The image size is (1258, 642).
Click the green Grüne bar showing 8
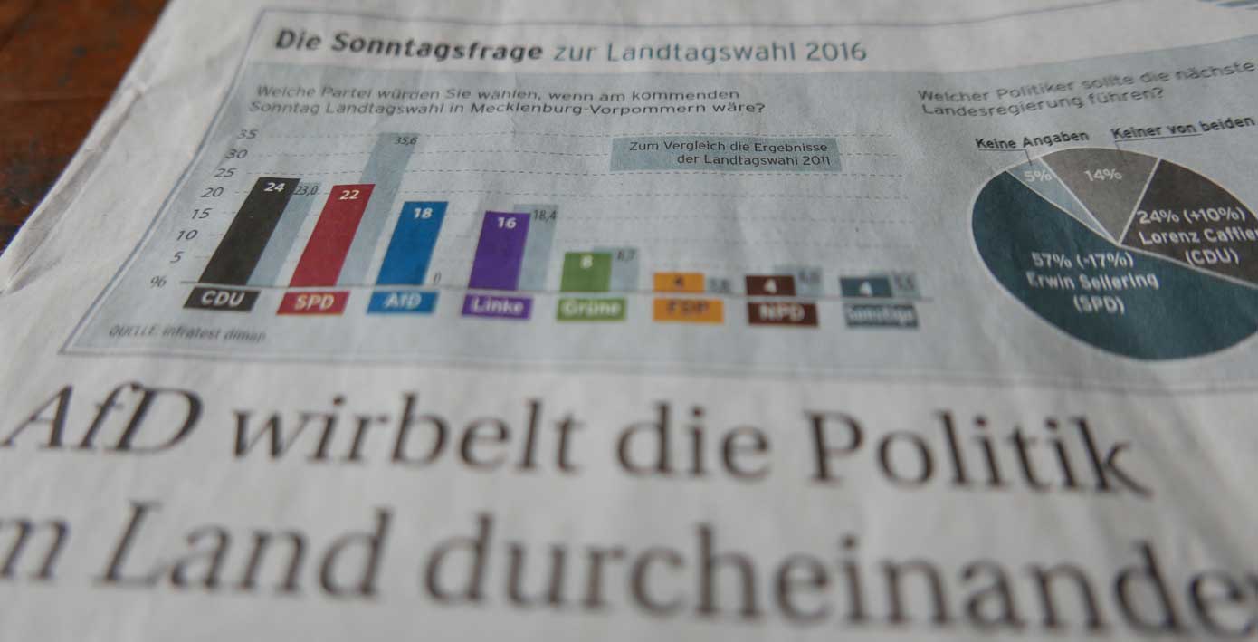tap(586, 272)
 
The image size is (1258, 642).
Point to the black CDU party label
tap(223, 298)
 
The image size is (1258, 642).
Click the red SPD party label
tap(313, 302)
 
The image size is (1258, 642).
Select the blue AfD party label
tap(402, 302)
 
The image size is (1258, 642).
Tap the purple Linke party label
tap(497, 306)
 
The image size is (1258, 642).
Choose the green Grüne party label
tap(591, 309)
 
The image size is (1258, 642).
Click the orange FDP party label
tap(689, 311)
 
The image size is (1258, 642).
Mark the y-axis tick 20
tap(211, 193)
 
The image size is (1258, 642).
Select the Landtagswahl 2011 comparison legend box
tap(725, 154)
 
